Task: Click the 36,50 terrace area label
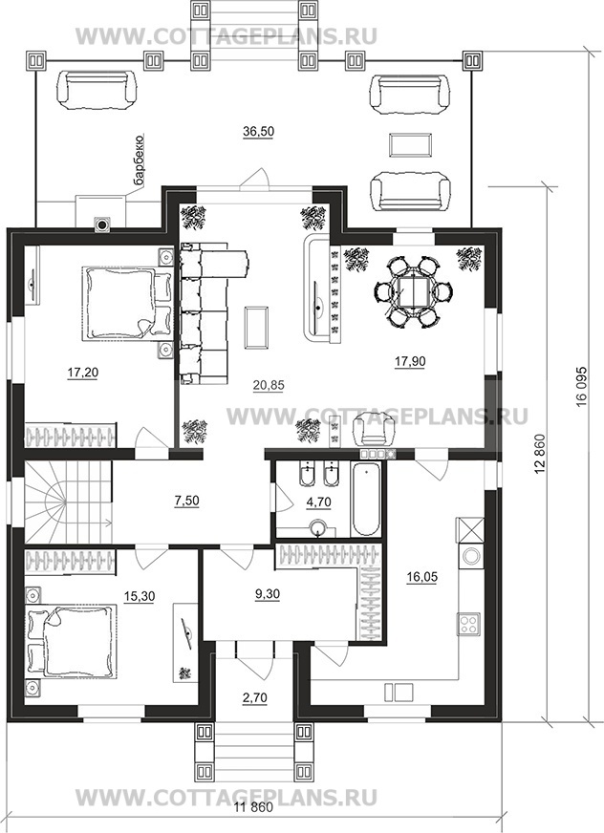(258, 131)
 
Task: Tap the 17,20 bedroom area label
(83, 373)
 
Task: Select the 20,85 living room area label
(269, 385)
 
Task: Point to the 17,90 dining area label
(409, 361)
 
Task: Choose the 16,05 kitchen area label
(422, 576)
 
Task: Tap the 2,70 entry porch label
(254, 697)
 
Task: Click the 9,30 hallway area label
(268, 594)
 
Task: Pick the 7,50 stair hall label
(186, 501)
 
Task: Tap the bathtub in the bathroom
(365, 500)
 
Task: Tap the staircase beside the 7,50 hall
(68, 502)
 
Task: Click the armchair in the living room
(375, 429)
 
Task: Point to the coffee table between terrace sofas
(409, 145)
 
